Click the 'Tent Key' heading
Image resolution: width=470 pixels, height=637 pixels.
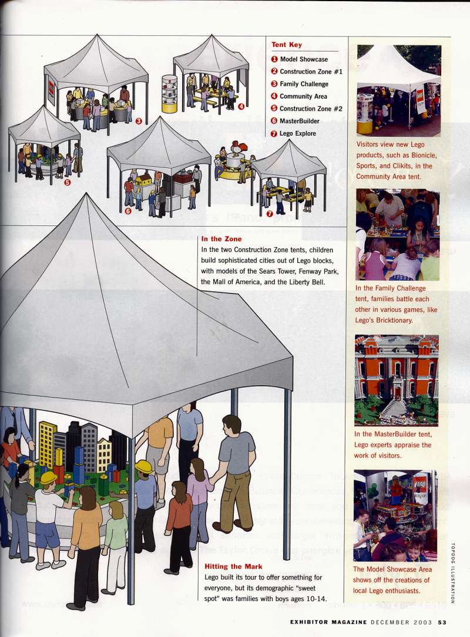coord(287,45)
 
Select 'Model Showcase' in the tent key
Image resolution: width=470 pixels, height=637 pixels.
coord(303,59)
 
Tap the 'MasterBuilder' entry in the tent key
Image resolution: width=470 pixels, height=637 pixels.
coord(299,121)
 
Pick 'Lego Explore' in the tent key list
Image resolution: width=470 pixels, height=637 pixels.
coord(297,133)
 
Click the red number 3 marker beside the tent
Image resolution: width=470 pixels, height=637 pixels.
coord(139,121)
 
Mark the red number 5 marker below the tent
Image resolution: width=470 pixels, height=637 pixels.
coord(68,182)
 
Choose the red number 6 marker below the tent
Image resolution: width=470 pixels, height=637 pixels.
coord(128,211)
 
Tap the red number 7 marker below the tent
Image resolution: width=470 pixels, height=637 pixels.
coord(270,214)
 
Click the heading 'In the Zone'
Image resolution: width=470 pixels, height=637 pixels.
coord(221,239)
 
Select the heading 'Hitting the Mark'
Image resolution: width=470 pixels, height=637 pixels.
coord(233,567)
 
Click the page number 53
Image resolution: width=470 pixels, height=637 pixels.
coord(442,622)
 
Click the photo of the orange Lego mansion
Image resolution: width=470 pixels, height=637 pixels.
coord(397,380)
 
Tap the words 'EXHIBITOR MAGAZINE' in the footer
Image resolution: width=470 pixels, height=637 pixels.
coord(328,622)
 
